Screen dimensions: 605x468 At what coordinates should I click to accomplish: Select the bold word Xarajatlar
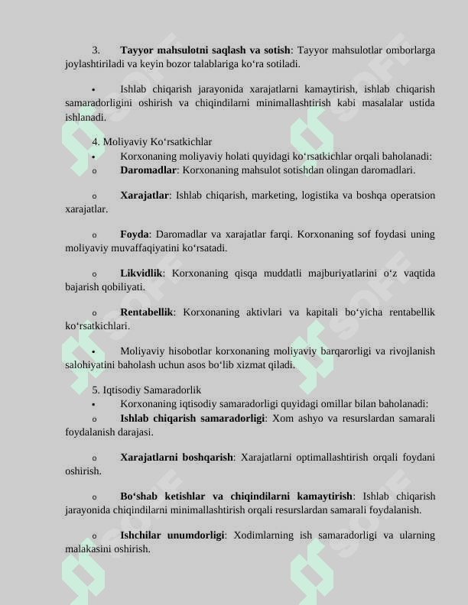(145, 196)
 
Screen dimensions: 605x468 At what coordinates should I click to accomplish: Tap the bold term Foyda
(134, 235)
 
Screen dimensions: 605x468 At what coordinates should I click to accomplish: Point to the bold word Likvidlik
(141, 273)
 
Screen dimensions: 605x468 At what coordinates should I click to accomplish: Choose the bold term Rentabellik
(147, 312)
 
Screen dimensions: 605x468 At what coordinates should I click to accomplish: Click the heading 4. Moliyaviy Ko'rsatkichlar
(152, 142)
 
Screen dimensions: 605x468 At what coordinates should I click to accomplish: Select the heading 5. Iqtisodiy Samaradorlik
(146, 390)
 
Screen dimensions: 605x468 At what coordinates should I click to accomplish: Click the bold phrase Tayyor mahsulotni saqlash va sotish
(205, 50)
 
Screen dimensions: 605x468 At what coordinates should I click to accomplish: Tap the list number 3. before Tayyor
(96, 50)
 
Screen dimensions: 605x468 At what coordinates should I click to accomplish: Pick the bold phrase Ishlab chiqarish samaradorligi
(193, 419)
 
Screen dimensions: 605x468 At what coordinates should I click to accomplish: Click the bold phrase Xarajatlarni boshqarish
(177, 458)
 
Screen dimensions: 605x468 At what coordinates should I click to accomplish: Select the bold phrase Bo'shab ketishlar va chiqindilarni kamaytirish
(237, 497)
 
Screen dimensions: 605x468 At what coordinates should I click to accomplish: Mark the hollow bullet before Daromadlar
(93, 171)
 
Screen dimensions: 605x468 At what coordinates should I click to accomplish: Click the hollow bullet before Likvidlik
(93, 274)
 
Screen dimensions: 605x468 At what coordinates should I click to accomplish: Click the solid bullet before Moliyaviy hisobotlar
(93, 352)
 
